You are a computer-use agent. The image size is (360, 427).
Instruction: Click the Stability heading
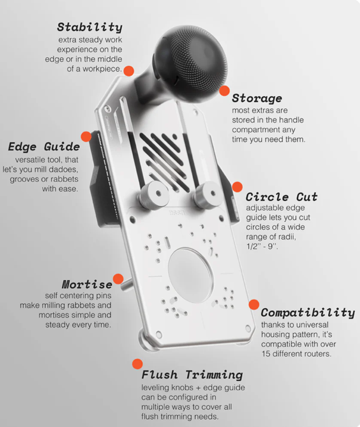point(90,27)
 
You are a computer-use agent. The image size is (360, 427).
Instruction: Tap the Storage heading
point(257,98)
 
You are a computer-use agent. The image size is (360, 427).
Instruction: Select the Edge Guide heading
point(44,146)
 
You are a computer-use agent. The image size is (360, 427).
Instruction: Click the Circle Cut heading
point(281,197)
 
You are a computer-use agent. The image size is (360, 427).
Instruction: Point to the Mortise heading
point(87,284)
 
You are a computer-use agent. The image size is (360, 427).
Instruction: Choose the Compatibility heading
point(308,313)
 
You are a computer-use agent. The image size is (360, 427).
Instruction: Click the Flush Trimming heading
point(192,375)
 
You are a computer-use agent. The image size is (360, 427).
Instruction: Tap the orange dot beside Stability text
point(129,71)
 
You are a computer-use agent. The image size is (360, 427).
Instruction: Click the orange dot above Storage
point(224,91)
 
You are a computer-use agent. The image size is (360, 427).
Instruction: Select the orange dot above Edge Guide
point(86,137)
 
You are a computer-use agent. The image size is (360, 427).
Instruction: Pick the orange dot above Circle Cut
point(237,187)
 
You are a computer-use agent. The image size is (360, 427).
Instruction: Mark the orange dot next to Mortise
point(118,279)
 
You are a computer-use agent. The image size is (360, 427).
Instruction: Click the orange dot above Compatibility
point(254,305)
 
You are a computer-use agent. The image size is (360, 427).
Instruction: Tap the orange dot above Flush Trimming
point(137,364)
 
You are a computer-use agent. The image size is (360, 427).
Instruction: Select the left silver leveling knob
point(154,195)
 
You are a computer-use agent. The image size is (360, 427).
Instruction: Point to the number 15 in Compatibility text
point(265,354)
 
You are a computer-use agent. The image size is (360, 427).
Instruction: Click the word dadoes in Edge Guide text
point(66,169)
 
